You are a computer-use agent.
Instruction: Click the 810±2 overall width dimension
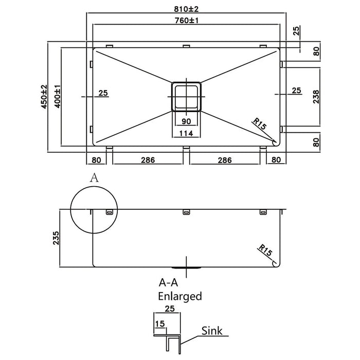(186, 9)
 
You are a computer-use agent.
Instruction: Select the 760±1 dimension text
(186, 21)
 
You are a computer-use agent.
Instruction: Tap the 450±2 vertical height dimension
(44, 97)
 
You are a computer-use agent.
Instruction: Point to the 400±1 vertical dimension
(58, 97)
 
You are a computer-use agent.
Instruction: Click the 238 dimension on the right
(316, 97)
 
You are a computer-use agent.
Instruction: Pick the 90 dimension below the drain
(186, 121)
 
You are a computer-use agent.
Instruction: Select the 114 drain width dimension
(186, 133)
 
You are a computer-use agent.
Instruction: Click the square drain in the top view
(186, 97)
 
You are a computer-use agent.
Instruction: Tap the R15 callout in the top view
(260, 123)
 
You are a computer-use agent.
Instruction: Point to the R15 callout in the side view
(265, 250)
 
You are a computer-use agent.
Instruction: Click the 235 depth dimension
(56, 238)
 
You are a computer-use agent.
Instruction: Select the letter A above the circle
(94, 178)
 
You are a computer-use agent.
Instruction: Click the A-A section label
(169, 283)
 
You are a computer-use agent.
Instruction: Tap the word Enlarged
(180, 296)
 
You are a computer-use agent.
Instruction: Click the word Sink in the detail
(212, 331)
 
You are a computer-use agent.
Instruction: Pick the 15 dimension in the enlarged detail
(160, 323)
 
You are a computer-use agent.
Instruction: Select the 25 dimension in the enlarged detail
(170, 309)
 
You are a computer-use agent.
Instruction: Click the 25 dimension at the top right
(296, 30)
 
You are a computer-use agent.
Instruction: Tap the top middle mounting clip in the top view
(186, 46)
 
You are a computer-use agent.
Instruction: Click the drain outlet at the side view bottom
(186, 268)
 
